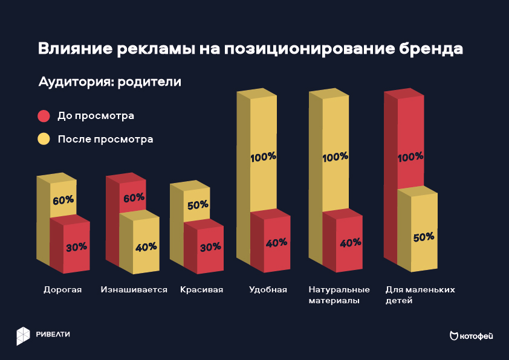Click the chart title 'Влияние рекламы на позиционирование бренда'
(250, 49)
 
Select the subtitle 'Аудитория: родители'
(109, 82)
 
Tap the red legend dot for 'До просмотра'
(44, 115)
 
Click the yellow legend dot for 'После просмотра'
(44, 139)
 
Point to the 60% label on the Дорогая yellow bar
(63, 200)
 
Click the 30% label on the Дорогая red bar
(77, 246)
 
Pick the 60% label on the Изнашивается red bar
(134, 198)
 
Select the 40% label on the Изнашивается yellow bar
(146, 246)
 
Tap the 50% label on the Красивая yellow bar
(198, 205)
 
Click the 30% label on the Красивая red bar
(210, 246)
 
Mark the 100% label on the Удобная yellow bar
(263, 156)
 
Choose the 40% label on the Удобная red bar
(276, 243)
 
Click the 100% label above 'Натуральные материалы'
(336, 156)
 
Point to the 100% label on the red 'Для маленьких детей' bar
(410, 157)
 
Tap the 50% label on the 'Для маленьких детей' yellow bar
(423, 237)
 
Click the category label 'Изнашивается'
(134, 289)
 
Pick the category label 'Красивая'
(201, 289)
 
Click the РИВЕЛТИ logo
(43, 335)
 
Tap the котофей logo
(471, 336)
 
